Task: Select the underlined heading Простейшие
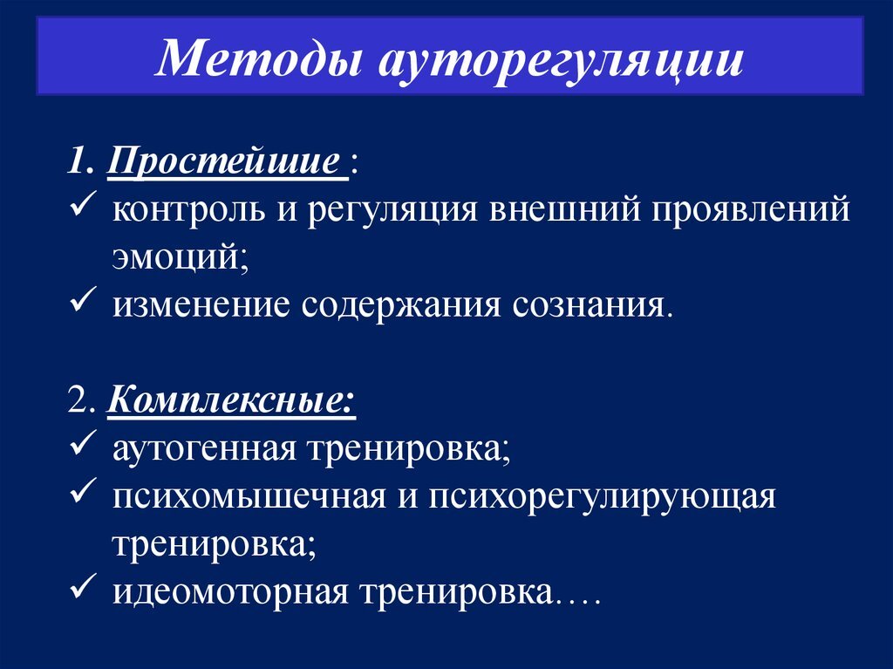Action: (x=224, y=163)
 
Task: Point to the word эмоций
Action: (x=178, y=259)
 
